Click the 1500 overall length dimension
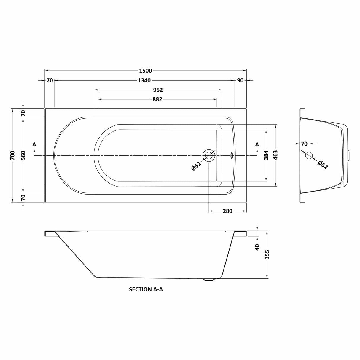145,71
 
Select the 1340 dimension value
144,80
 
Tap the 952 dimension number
157,90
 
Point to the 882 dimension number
157,99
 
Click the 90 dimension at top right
240,80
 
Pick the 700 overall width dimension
12,155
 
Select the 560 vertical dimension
23,155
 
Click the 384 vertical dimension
266,155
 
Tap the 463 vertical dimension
275,155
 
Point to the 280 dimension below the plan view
227,211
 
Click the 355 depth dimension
267,255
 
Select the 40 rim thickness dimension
257,246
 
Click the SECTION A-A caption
146,289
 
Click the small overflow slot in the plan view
232,155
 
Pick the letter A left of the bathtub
34,144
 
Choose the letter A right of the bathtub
257,144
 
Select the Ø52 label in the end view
322,164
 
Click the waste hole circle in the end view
309,155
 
